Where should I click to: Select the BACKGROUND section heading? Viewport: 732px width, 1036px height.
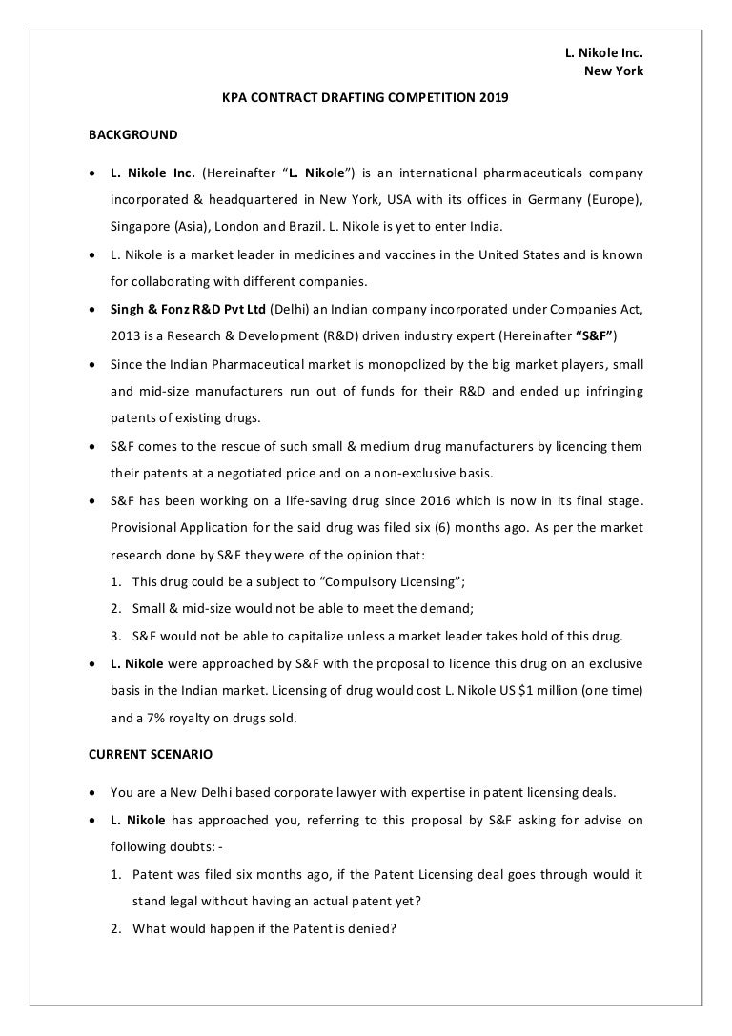132,134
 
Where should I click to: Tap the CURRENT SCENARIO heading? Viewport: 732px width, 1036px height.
151,753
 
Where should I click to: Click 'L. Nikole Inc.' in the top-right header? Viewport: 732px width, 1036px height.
604,53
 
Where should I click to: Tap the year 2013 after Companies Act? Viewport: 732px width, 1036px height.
126,336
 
